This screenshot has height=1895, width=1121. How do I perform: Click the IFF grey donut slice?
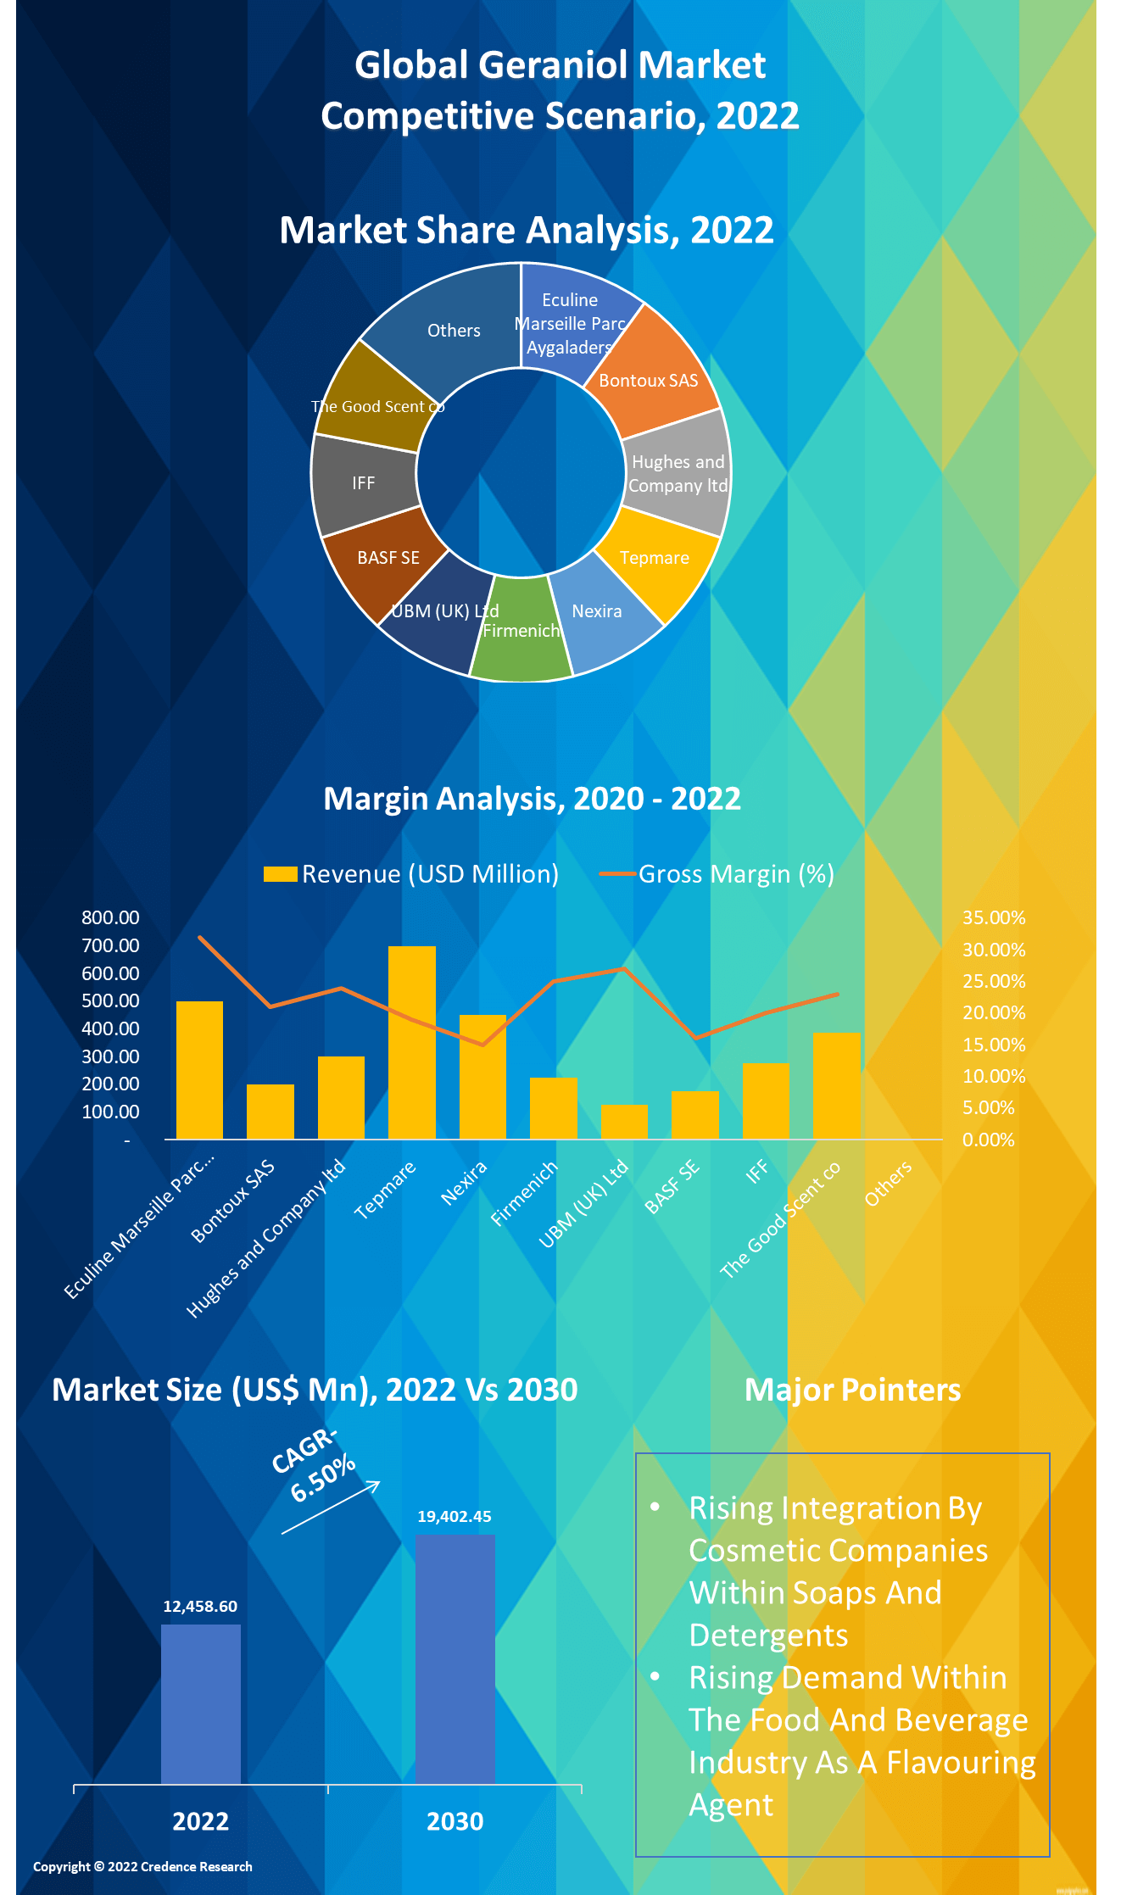pyautogui.click(x=363, y=482)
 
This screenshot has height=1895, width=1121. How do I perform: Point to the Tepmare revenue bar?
pyautogui.click(x=412, y=1042)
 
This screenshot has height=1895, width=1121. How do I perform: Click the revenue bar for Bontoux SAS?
pyautogui.click(x=270, y=1112)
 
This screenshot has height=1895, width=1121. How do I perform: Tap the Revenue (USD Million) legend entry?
pyautogui.click(x=412, y=874)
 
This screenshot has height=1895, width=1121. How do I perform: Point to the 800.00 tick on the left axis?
pyautogui.click(x=110, y=917)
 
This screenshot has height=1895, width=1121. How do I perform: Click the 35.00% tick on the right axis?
pyautogui.click(x=994, y=917)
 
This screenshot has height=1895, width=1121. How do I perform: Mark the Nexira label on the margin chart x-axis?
pyautogui.click(x=464, y=1183)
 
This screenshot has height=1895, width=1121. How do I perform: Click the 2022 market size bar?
pyautogui.click(x=201, y=1704)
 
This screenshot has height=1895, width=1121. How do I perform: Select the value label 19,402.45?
pyautogui.click(x=455, y=1516)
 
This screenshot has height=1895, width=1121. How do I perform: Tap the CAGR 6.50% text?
pyautogui.click(x=314, y=1464)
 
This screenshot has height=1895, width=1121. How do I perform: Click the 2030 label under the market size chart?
pyautogui.click(x=455, y=1821)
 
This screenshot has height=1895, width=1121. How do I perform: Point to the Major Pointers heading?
pyautogui.click(x=852, y=1390)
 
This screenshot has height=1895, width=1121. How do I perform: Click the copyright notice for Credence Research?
pyautogui.click(x=142, y=1866)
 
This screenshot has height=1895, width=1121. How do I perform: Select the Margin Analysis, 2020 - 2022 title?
pyautogui.click(x=533, y=799)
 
